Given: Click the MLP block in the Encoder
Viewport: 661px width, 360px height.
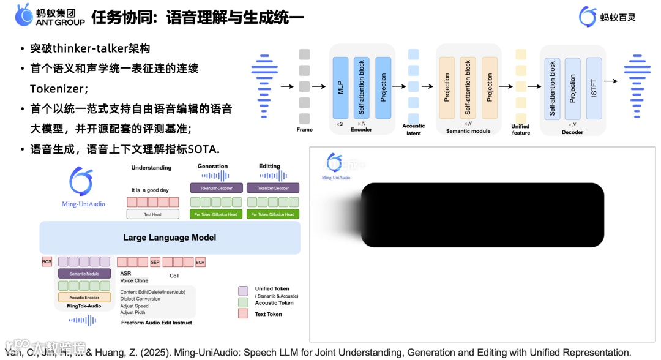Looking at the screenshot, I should (340, 87).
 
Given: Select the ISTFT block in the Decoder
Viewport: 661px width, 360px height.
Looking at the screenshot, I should (594, 88).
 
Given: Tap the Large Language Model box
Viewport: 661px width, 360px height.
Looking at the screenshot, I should (170, 238).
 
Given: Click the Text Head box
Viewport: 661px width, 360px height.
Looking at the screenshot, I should (152, 214).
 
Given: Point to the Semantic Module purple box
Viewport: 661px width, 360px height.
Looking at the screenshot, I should (84, 274).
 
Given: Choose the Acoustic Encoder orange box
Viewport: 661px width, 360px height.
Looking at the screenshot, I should (84, 298).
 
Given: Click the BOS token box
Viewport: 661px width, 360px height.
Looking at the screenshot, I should (47, 262).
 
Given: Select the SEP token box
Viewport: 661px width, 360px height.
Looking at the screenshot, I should (155, 262).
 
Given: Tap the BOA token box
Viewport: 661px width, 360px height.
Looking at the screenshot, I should (200, 262).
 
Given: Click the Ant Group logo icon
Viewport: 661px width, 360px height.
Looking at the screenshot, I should (24, 15).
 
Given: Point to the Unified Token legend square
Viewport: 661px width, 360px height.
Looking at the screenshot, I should (243, 291).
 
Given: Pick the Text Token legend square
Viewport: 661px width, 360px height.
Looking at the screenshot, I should (243, 314).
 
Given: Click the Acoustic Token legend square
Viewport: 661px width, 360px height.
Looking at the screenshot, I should (243, 302).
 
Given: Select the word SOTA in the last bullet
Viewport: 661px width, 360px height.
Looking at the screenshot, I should (204, 149).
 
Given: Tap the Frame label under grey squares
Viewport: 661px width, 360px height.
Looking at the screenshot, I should (304, 130).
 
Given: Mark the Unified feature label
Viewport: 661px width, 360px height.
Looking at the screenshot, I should (521, 130).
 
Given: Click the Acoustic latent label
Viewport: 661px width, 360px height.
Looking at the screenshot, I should (414, 130).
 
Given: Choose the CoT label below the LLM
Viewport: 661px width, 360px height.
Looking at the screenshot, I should (174, 276).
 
